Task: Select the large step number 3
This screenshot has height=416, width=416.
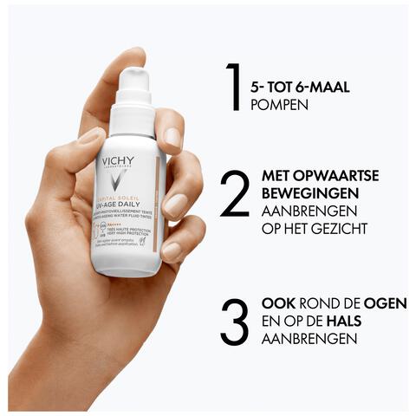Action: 234,322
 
